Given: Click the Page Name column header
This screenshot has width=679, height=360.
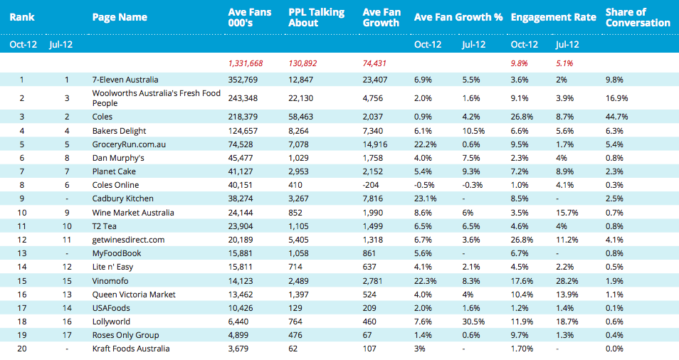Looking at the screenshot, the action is [x=120, y=17].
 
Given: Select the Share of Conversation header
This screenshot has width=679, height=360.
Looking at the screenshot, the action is [x=638, y=17].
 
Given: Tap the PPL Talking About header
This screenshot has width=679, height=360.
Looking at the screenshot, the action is [x=316, y=17].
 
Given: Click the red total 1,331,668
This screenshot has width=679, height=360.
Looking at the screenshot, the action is [x=246, y=63].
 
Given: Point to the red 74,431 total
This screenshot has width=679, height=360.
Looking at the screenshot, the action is [x=374, y=63].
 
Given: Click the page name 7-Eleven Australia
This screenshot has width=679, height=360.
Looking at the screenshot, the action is [x=125, y=80].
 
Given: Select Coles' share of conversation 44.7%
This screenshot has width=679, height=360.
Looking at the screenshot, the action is [x=616, y=117].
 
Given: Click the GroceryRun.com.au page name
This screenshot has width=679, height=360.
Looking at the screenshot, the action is [x=129, y=144].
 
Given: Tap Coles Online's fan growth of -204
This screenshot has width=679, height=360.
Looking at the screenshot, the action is [x=371, y=185].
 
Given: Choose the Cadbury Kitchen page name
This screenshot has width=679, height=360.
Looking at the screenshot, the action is [x=122, y=198].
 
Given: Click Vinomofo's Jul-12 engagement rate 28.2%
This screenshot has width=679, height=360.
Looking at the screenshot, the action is [x=567, y=281].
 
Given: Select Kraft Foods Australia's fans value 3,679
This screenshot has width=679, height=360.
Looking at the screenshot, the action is [x=238, y=349].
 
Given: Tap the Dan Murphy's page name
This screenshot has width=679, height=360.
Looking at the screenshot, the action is [x=118, y=158].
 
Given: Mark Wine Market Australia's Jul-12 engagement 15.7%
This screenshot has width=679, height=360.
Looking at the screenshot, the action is [x=567, y=213].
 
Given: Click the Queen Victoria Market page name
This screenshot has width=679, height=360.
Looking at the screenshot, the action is [x=134, y=295].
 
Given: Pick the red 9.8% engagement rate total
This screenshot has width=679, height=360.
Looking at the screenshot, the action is [x=519, y=63].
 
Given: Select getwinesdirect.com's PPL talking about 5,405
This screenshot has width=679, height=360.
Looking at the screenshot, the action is [x=298, y=240].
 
